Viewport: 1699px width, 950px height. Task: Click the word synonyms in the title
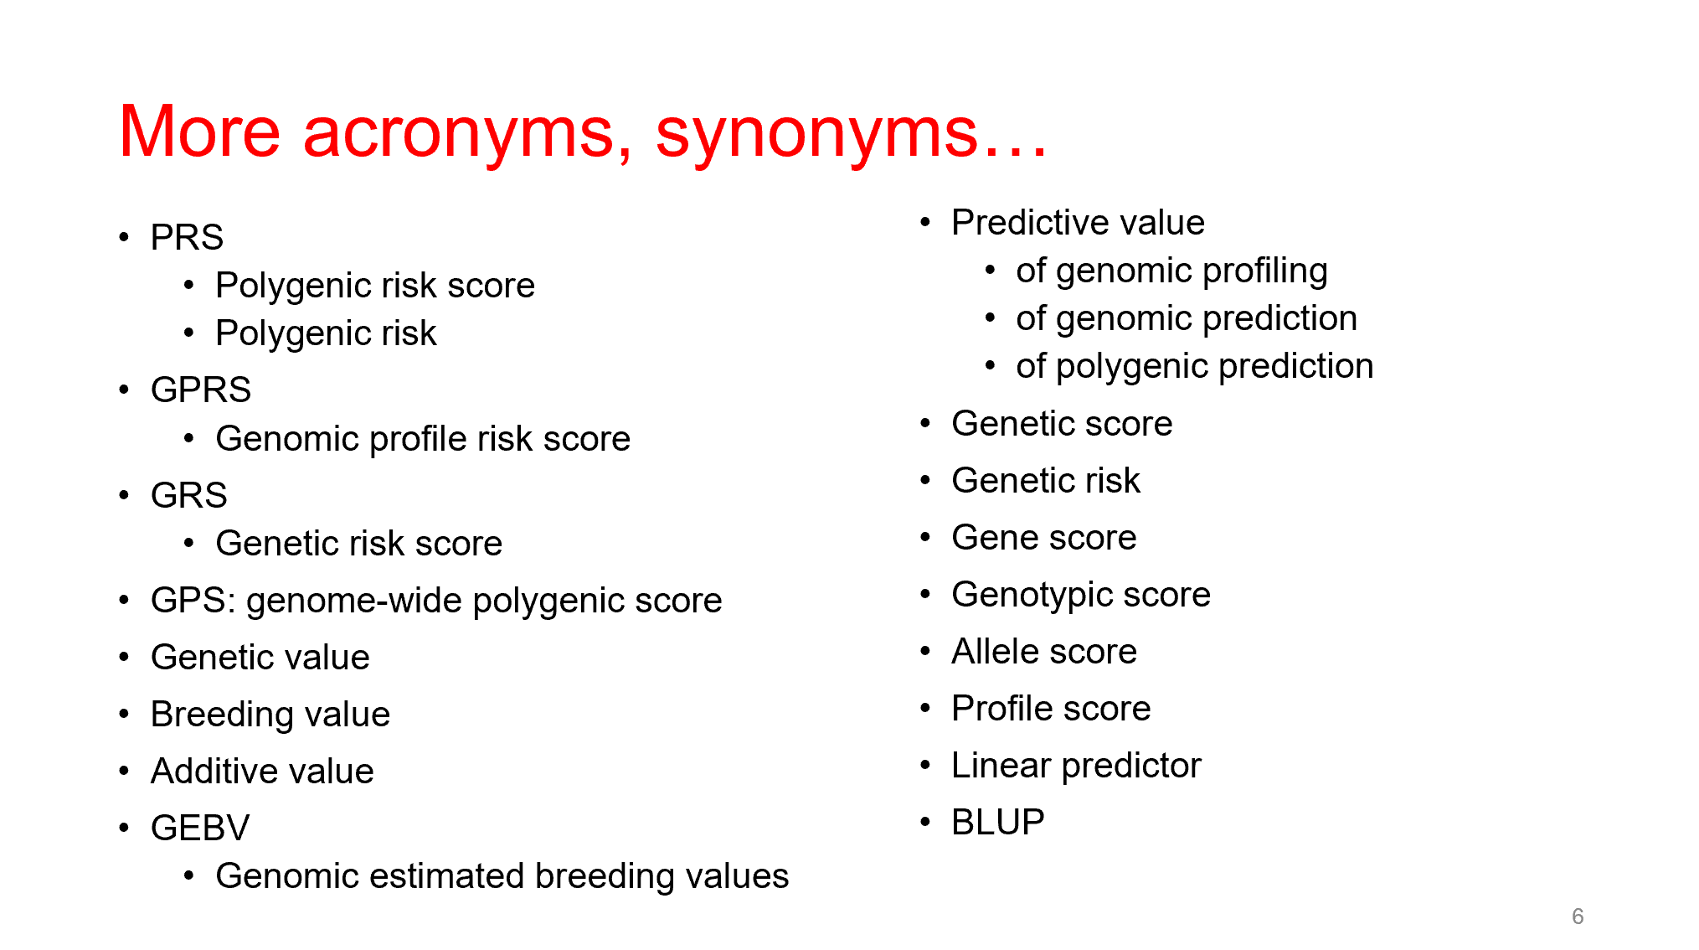tap(816, 136)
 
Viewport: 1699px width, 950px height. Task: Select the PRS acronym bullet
tap(187, 237)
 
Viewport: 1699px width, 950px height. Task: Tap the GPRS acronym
tap(201, 390)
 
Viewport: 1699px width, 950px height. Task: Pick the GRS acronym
tap(189, 495)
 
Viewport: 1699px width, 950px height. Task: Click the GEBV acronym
tap(200, 828)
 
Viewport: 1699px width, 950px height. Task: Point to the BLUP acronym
tap(998, 822)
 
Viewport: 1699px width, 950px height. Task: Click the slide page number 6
tap(1578, 916)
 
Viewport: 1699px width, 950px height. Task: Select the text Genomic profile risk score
tap(423, 439)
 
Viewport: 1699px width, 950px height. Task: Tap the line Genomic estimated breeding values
tap(502, 876)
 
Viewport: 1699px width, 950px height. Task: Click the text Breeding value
tap(270, 715)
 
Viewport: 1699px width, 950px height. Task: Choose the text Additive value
tap(262, 771)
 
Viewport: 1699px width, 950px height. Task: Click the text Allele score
tap(1044, 651)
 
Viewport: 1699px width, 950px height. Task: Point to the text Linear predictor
tap(1077, 766)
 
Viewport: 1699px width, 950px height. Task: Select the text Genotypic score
tap(1081, 595)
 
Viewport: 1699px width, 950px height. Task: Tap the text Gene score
tap(1044, 537)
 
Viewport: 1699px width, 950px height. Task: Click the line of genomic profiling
tap(1171, 271)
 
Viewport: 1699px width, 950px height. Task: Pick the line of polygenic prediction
tap(1195, 366)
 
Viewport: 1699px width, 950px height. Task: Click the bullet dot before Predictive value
tap(925, 222)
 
